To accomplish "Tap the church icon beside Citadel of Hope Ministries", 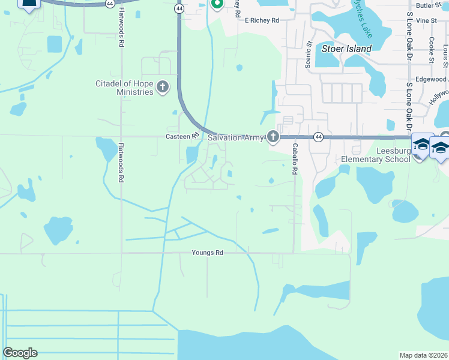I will click(162, 88).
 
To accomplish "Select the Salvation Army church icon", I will click(273, 137).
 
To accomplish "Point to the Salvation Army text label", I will click(236, 137).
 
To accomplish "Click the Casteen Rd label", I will click(182, 136).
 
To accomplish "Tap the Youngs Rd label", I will click(207, 253).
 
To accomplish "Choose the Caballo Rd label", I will click(295, 158).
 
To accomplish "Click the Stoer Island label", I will click(347, 48).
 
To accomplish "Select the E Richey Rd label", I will click(262, 20).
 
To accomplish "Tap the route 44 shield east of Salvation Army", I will click(318, 137).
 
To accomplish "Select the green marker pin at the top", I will click(217, 5).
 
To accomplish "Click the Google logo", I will click(20, 353).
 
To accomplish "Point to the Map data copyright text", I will click(424, 355).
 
